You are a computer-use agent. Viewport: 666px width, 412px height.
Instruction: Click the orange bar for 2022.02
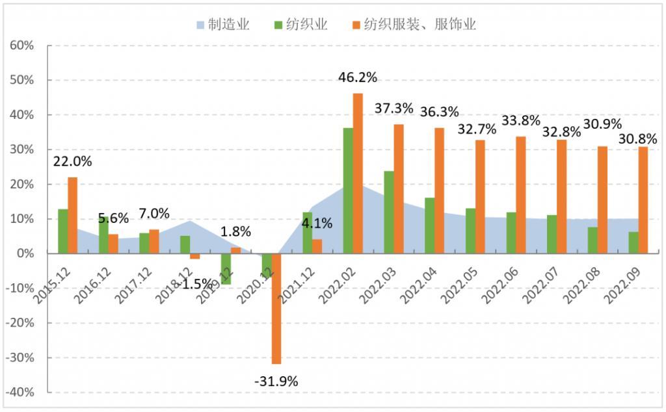pyautogui.click(x=358, y=174)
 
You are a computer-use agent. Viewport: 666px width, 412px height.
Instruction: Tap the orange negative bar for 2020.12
pyautogui.click(x=276, y=309)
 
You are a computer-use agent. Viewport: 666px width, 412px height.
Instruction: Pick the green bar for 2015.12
pyautogui.click(x=63, y=231)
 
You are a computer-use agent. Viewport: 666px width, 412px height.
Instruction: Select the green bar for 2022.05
pyautogui.click(x=470, y=231)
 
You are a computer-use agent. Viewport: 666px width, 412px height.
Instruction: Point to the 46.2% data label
pyautogui.click(x=358, y=77)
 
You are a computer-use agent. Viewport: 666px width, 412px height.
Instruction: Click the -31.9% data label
pyautogui.click(x=276, y=381)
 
